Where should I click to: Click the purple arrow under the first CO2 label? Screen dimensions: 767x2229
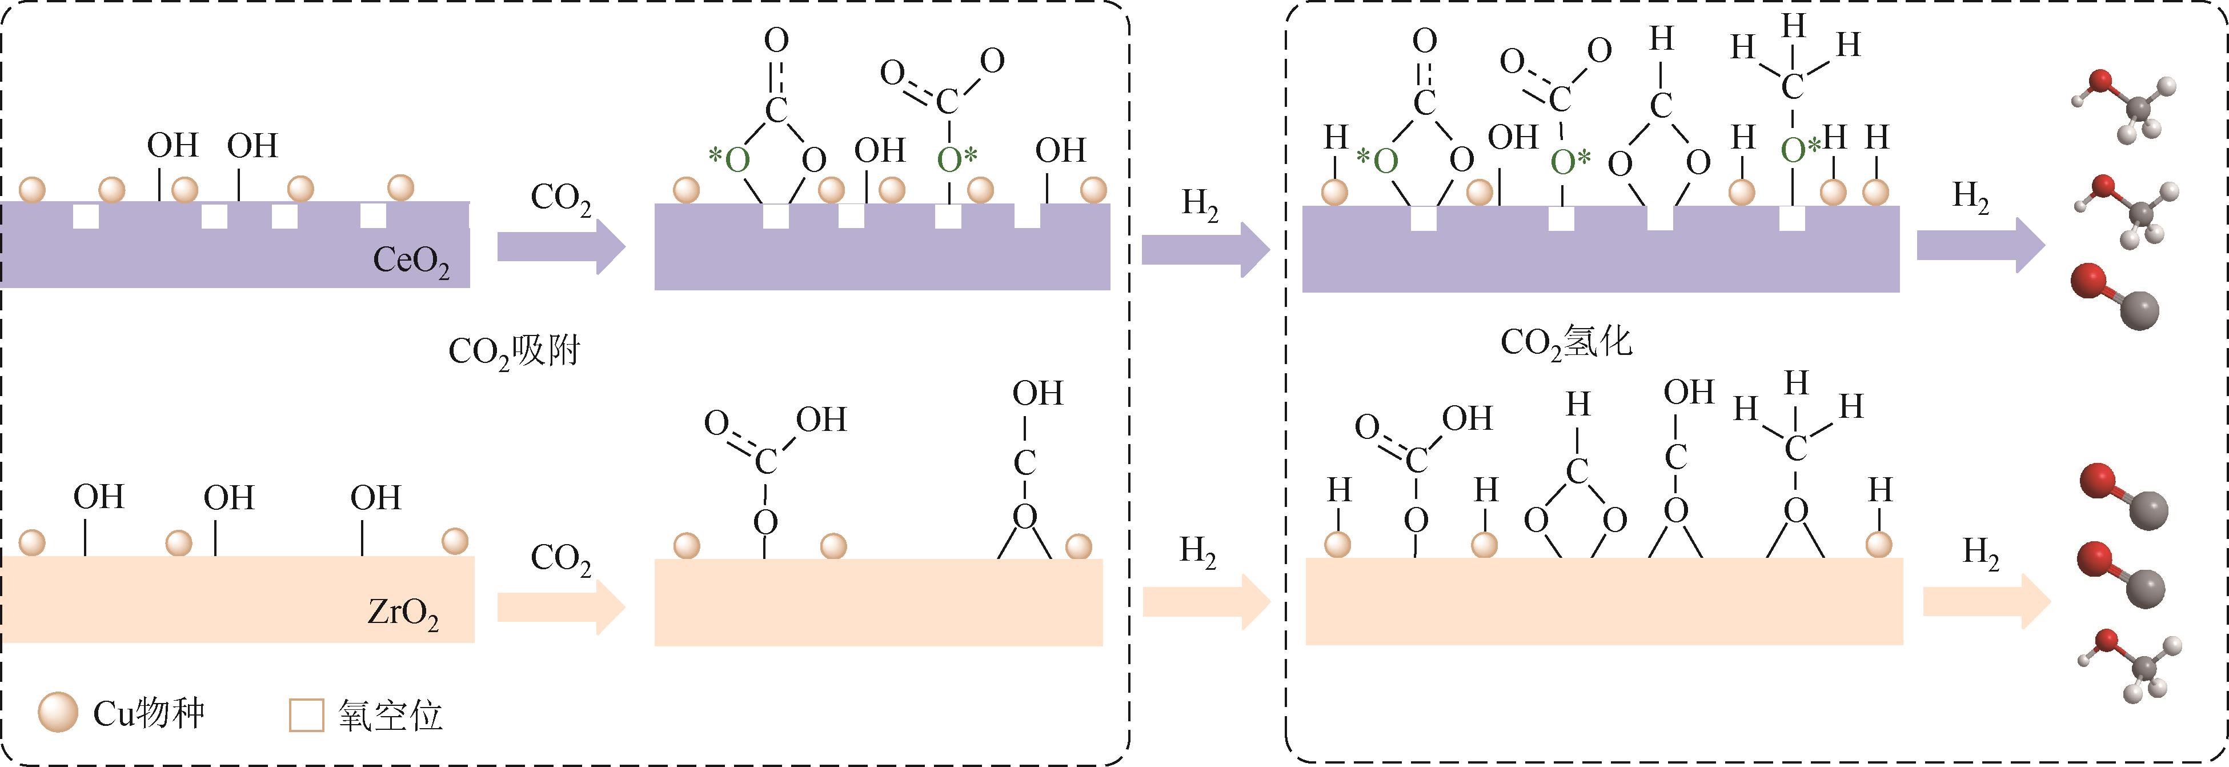[561, 247]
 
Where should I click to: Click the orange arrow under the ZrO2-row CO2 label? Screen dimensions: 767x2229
[561, 609]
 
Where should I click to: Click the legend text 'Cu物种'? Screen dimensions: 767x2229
[149, 713]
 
